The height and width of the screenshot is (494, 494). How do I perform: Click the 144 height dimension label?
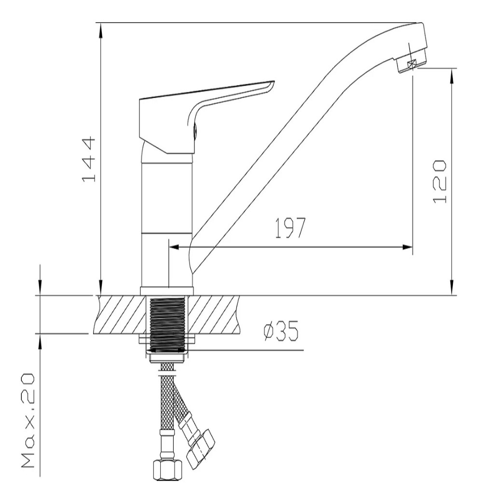click(x=89, y=159)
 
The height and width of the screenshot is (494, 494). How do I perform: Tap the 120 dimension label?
click(x=439, y=181)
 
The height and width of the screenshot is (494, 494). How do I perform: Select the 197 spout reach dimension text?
click(x=290, y=228)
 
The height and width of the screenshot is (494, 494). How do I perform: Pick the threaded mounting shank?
click(x=167, y=325)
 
